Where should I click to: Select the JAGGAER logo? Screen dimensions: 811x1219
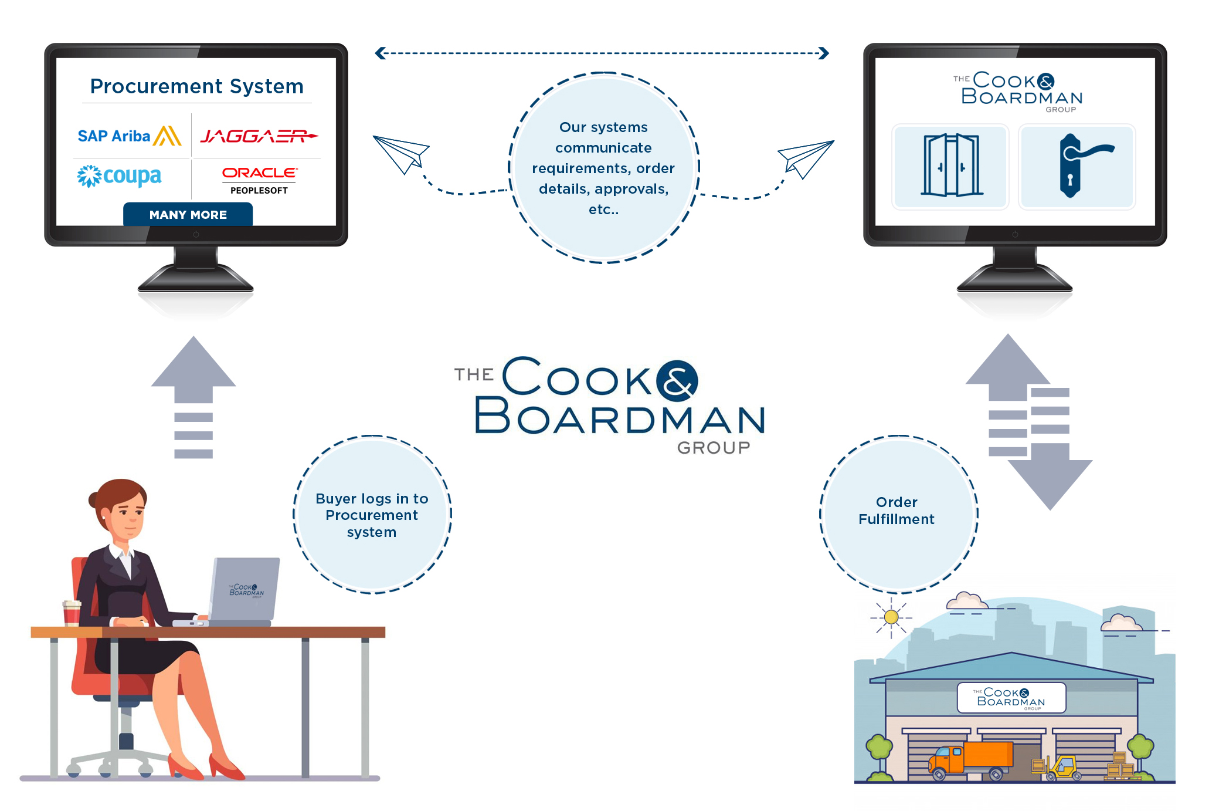point(258,136)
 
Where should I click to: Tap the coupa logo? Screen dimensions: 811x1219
point(120,176)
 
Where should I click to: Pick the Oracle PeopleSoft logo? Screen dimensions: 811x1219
point(259,180)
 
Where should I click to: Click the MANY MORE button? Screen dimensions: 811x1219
point(188,215)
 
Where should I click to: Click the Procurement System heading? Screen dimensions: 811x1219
point(196,86)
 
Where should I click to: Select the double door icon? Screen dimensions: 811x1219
point(950,166)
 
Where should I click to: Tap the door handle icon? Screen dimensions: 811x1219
point(1078,166)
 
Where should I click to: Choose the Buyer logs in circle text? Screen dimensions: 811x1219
point(372,515)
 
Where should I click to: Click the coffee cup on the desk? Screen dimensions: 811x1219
point(72,613)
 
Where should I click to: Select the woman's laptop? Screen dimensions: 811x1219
point(243,592)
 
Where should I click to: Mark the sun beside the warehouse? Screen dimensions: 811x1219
point(891,617)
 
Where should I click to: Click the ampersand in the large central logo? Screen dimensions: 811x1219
point(677,381)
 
